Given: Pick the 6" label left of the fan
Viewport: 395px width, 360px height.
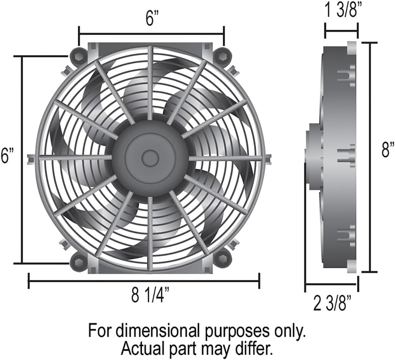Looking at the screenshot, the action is point(7,155).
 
